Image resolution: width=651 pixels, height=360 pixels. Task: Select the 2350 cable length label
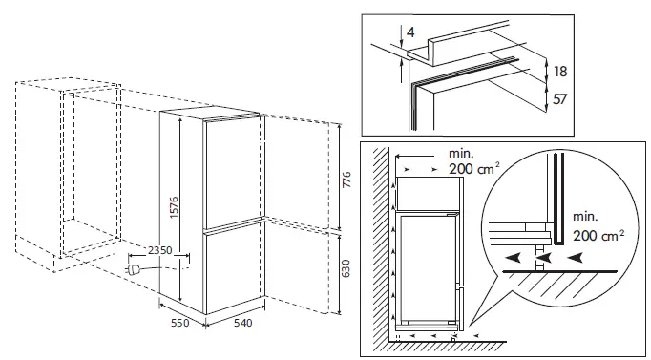coord(153,251)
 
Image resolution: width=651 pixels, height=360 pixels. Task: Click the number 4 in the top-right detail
coord(409,34)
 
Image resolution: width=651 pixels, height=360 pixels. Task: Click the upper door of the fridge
coord(230,172)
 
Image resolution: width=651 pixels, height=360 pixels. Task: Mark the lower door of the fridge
coord(230,269)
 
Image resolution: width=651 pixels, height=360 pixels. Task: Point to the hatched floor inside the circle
coord(573,285)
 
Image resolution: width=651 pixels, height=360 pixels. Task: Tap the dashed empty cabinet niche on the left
coord(91,172)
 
